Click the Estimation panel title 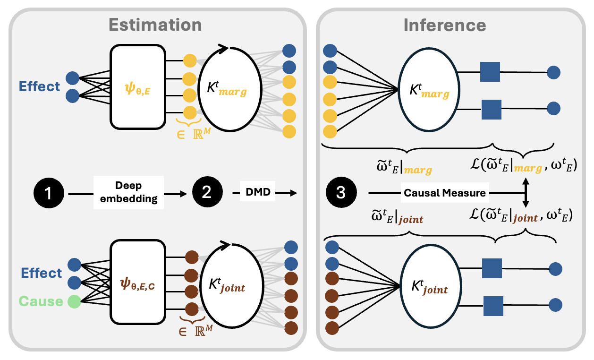[155, 25]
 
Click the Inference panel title [445, 25]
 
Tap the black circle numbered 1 [49, 193]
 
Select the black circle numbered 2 [207, 192]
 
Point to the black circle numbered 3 [341, 192]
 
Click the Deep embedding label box [128, 192]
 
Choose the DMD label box [257, 191]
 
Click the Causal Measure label [445, 193]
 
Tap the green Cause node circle [74, 301]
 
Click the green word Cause [41, 301]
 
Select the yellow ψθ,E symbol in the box [137, 89]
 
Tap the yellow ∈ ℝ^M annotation [194, 133]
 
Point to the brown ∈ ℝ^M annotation [195, 331]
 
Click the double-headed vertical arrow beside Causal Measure [526, 193]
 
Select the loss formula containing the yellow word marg [524, 165]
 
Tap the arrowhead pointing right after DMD [293, 193]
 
